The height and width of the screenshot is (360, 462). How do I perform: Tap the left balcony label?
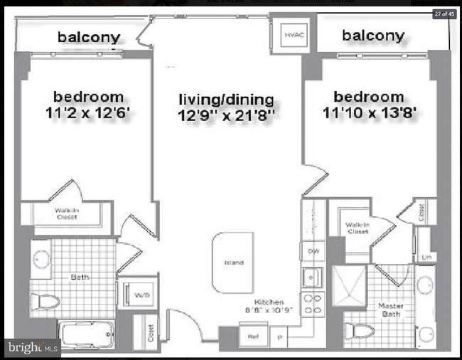pos(89,36)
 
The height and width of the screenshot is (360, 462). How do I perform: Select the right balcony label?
pos(373,35)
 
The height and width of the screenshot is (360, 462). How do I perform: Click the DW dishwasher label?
pos(312,252)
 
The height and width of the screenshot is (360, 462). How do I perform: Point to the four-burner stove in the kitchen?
pos(313,305)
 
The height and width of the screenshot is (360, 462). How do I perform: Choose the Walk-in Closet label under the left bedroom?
pos(67,213)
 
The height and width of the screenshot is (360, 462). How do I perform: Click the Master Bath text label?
pos(390,310)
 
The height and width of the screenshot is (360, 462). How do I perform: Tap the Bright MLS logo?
pos(31,347)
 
